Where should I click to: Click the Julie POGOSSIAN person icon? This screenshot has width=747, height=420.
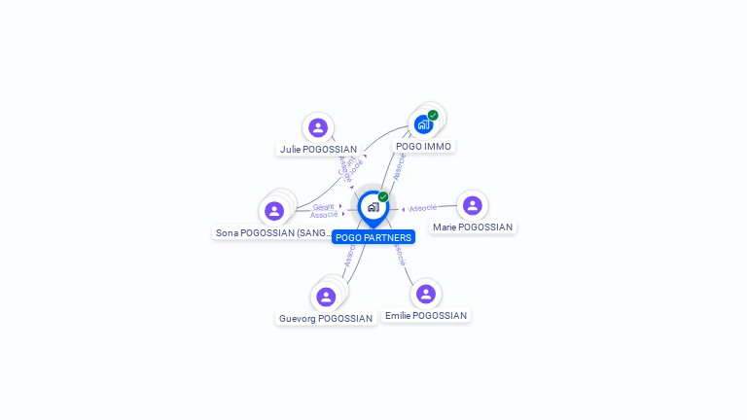click(x=318, y=127)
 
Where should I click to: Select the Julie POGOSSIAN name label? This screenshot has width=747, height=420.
click(x=318, y=150)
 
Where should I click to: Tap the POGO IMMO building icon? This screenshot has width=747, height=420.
click(x=423, y=124)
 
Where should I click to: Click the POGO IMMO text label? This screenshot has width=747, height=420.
click(x=423, y=146)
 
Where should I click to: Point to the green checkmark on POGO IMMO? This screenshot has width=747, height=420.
click(x=433, y=115)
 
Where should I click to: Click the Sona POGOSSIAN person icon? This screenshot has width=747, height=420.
click(x=274, y=211)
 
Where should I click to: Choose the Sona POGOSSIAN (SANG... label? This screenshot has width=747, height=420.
click(x=273, y=233)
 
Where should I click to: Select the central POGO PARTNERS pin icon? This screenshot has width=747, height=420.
click(x=373, y=207)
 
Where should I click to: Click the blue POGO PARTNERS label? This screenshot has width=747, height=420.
click(x=373, y=237)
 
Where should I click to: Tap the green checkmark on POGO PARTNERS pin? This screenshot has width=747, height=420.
click(x=383, y=197)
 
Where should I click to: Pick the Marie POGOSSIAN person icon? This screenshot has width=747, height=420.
click(x=473, y=205)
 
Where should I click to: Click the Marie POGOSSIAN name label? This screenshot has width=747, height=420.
click(x=473, y=227)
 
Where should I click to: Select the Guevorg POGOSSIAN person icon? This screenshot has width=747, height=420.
click(x=326, y=297)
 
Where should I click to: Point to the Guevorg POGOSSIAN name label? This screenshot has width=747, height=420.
click(x=326, y=319)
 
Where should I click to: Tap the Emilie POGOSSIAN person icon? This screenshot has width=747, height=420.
click(x=425, y=294)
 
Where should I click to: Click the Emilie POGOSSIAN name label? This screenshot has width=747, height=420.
click(x=426, y=316)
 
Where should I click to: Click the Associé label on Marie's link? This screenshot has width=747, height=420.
click(x=423, y=208)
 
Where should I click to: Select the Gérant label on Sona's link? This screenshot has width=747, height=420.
click(x=324, y=206)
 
